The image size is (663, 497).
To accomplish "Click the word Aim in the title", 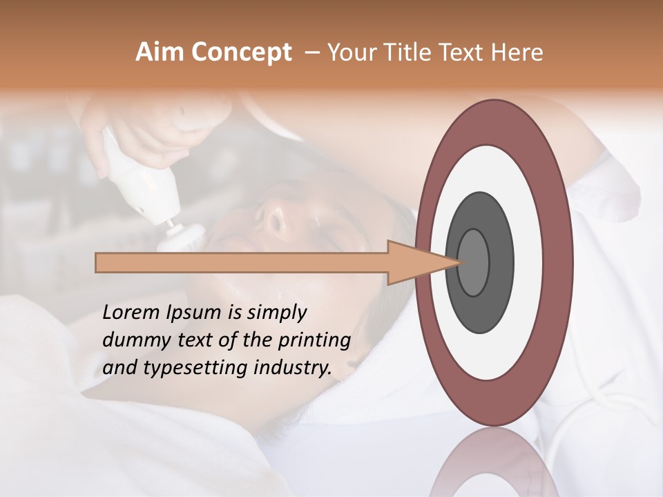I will coord(157,52).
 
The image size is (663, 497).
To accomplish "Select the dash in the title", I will coord(311,53).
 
